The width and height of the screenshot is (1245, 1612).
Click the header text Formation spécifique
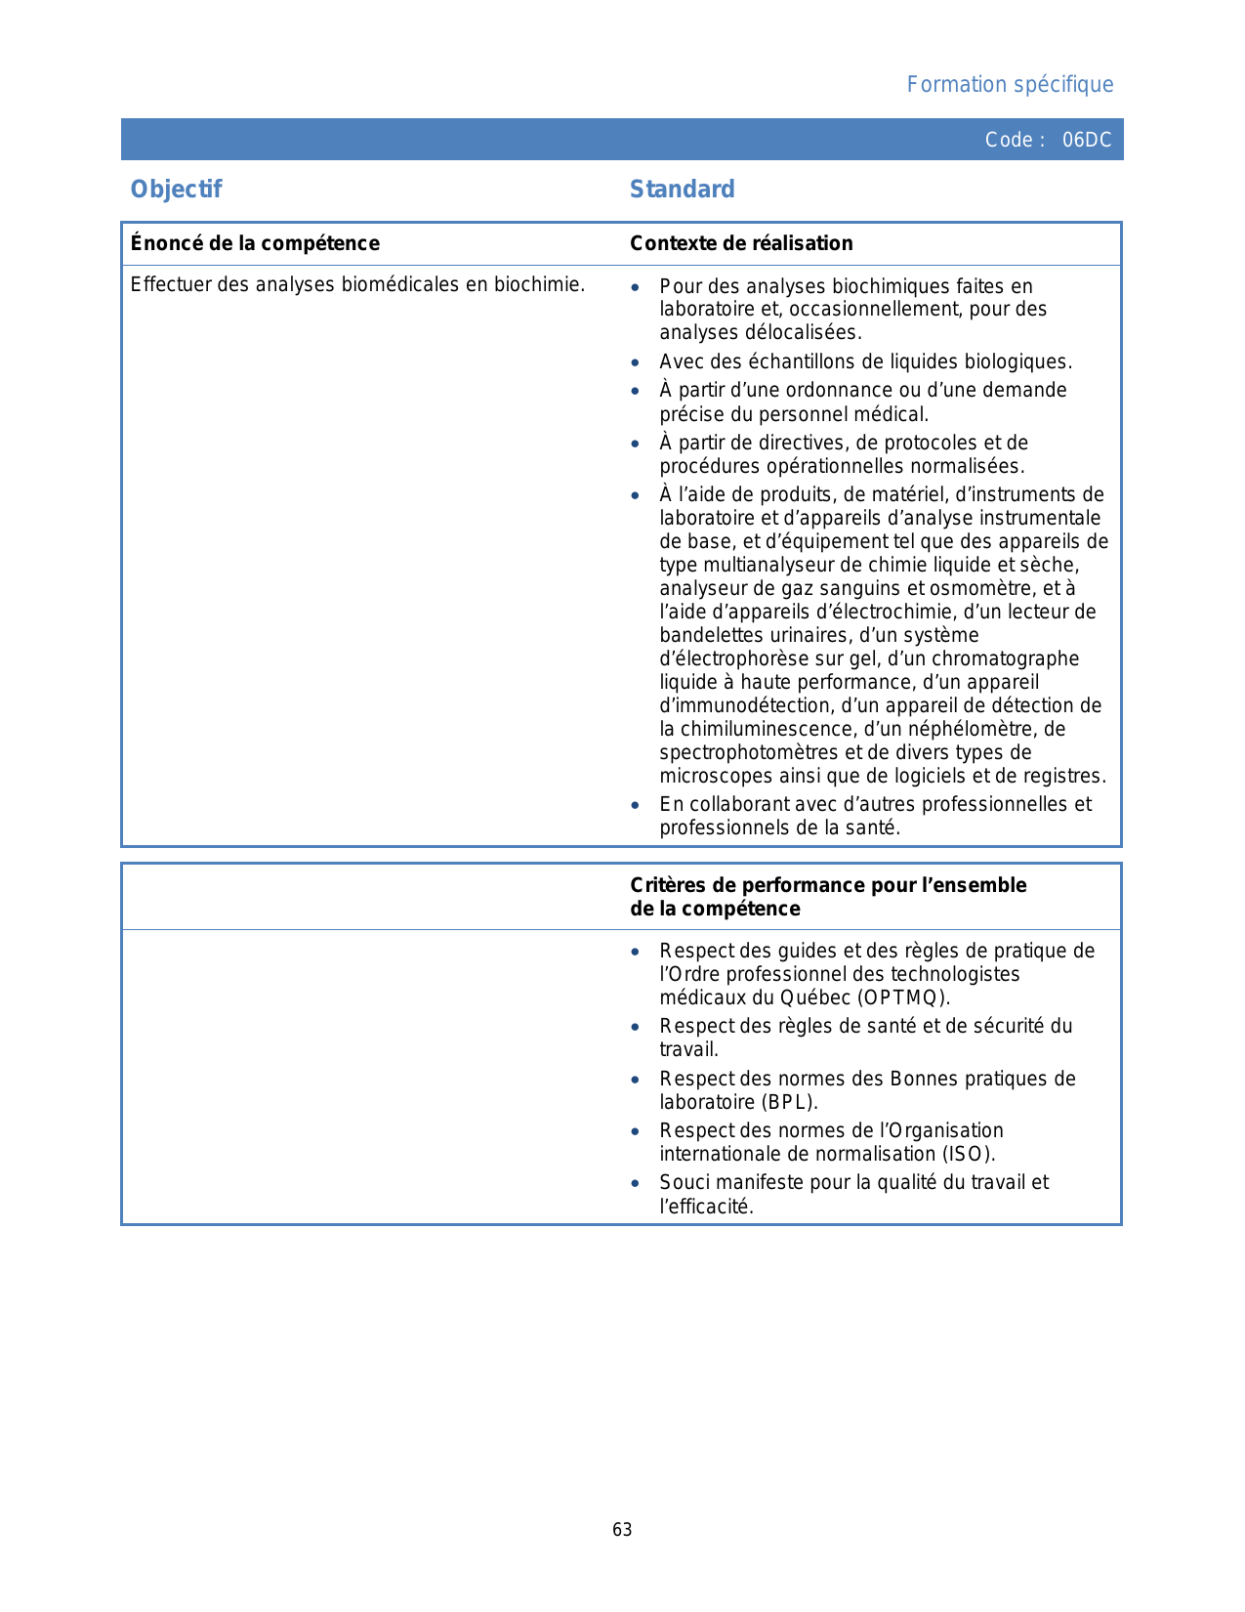1010,85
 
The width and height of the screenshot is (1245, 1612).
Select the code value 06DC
1086,140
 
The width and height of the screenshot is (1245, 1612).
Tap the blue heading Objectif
177,190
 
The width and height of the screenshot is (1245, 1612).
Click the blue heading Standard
682,190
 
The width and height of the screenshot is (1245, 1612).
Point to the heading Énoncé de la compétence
255,243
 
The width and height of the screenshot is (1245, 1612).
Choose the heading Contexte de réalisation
741,243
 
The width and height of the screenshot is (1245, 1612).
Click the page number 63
622,1530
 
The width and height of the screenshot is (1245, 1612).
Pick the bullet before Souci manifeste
636,1183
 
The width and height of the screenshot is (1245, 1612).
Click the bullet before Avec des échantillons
636,362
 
